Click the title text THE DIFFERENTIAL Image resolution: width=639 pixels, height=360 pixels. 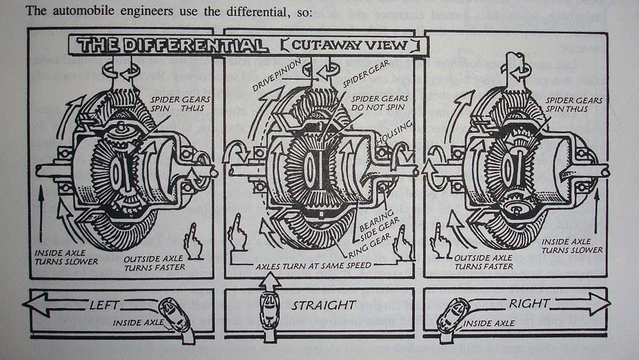pos(172,45)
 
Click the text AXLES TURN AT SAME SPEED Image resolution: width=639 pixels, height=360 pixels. pos(314,266)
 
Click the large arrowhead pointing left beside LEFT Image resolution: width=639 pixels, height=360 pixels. pos(40,304)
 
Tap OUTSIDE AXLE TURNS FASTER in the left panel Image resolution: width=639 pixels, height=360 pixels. pos(155,263)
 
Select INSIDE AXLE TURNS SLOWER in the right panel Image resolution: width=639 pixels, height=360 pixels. pos(572,246)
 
